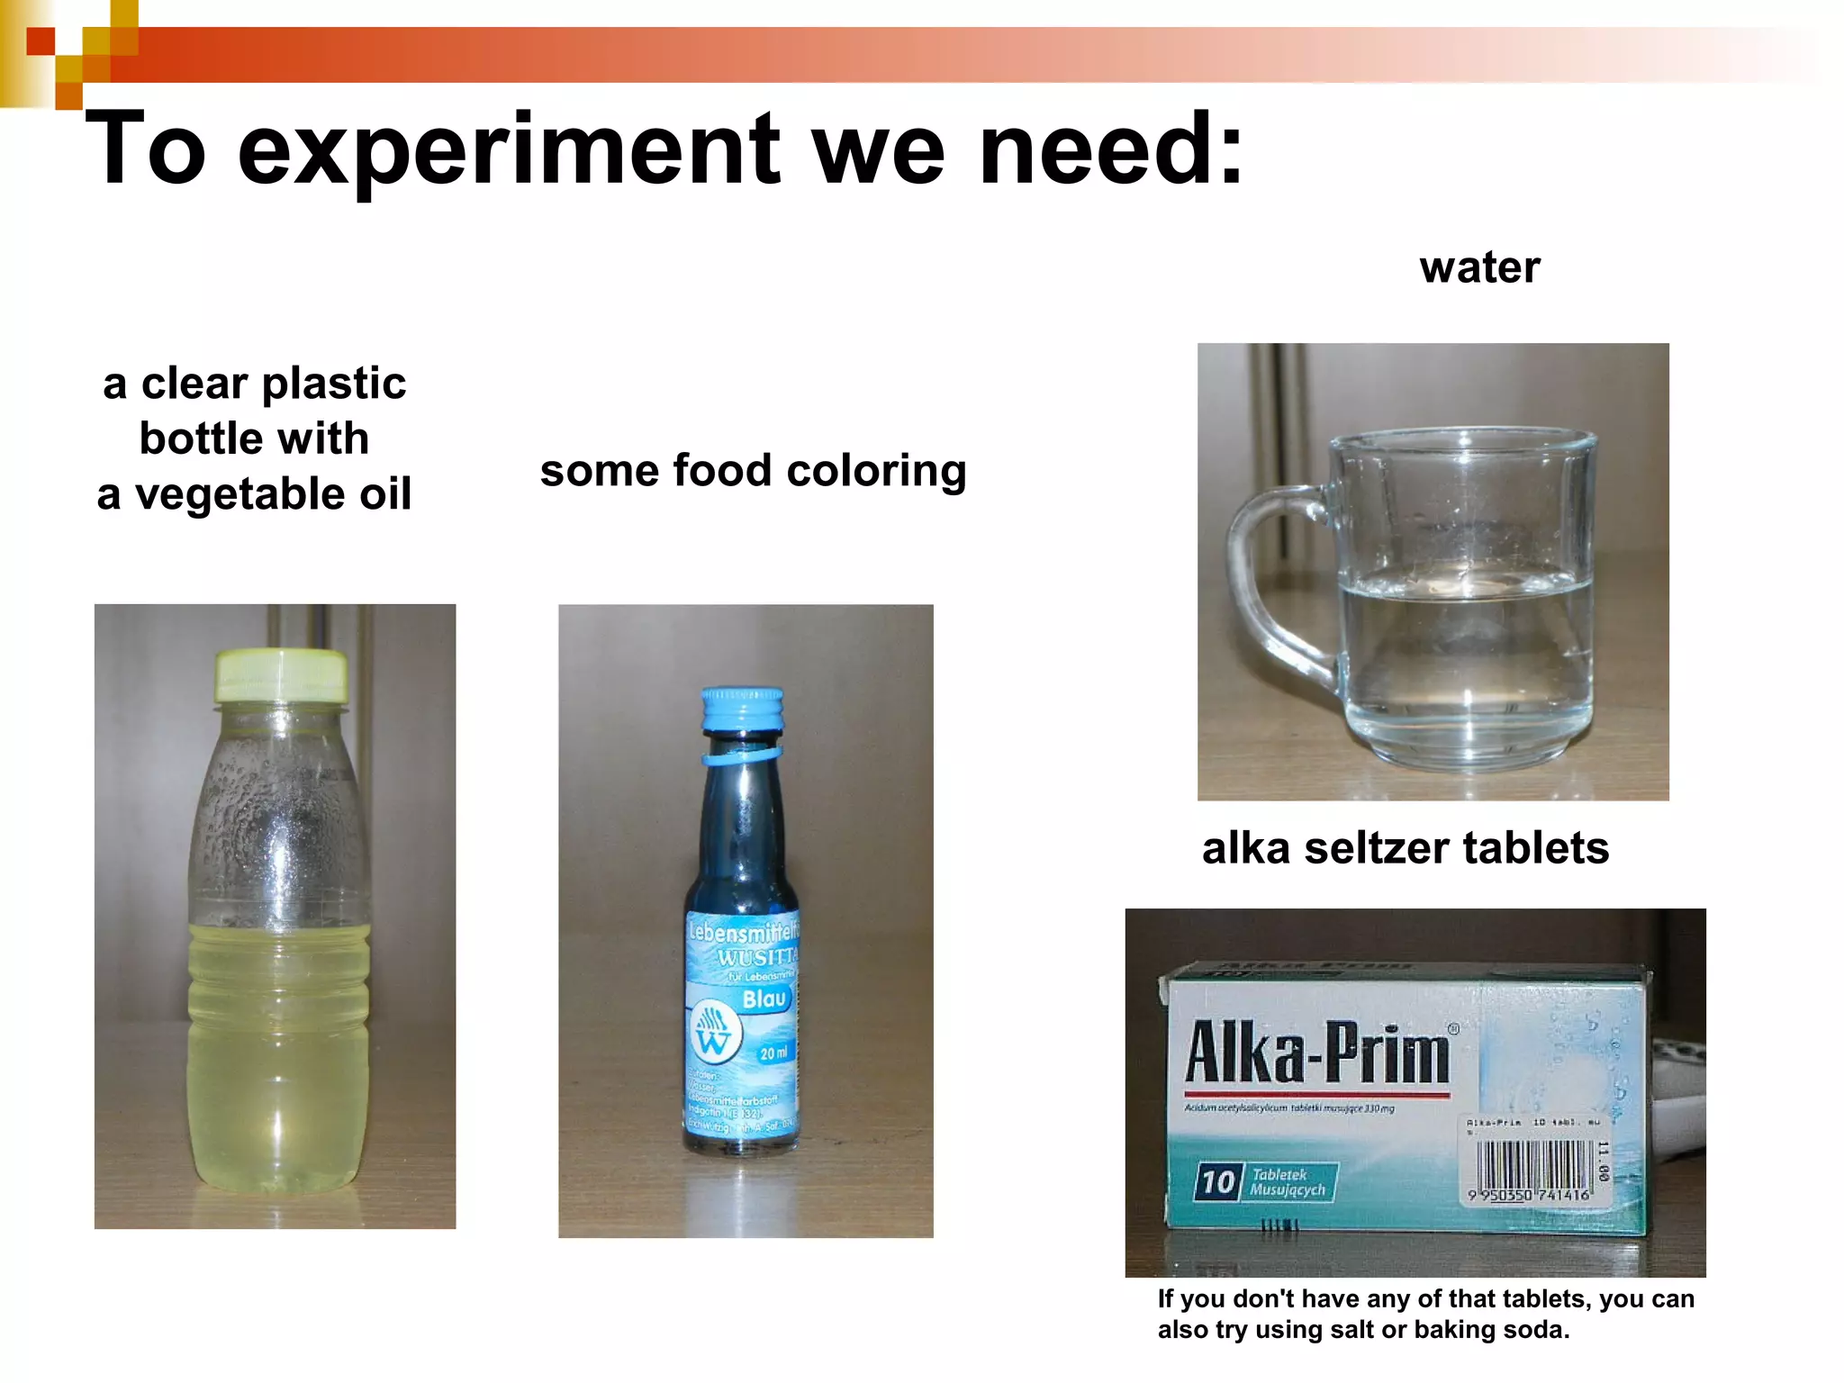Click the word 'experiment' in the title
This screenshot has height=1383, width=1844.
[x=508, y=149]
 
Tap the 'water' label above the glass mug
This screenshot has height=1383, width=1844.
[x=1479, y=267]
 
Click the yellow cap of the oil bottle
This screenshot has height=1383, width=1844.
[x=281, y=675]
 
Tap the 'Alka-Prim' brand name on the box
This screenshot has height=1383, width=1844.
[x=1317, y=1053]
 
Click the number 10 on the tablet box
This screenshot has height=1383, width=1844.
[x=1217, y=1182]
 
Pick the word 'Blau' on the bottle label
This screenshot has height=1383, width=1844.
[x=764, y=999]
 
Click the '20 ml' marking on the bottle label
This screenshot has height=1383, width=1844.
[x=773, y=1053]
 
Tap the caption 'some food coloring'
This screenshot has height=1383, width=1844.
[x=753, y=471]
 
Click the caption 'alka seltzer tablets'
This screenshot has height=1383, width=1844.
[x=1405, y=848]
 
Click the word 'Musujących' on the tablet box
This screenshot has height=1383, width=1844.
[x=1287, y=1190]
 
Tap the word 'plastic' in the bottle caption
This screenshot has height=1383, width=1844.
[x=334, y=384]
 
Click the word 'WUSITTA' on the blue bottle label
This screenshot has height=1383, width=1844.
[x=757, y=956]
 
